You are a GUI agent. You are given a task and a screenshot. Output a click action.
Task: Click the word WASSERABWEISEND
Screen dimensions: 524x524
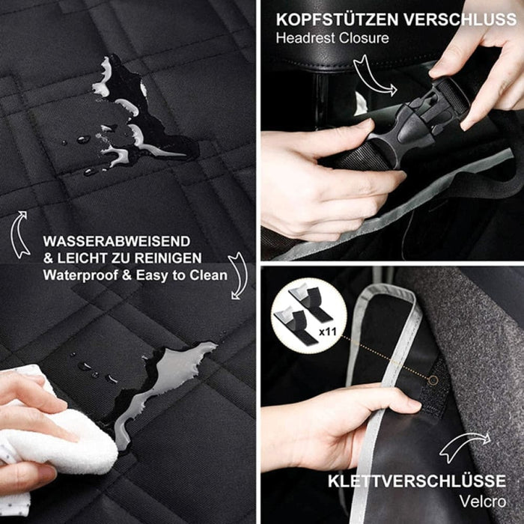(x=117, y=242)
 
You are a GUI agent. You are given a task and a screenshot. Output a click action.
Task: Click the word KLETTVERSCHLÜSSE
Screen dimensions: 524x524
(x=416, y=481)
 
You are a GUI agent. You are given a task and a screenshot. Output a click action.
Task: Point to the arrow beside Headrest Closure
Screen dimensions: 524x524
(x=373, y=75)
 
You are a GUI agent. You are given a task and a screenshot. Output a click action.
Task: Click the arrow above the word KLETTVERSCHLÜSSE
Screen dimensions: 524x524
(x=464, y=447)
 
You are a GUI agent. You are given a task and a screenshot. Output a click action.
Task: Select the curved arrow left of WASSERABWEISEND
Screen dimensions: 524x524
(x=20, y=234)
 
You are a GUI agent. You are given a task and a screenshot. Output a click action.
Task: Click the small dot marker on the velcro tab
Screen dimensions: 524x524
(x=433, y=380)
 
